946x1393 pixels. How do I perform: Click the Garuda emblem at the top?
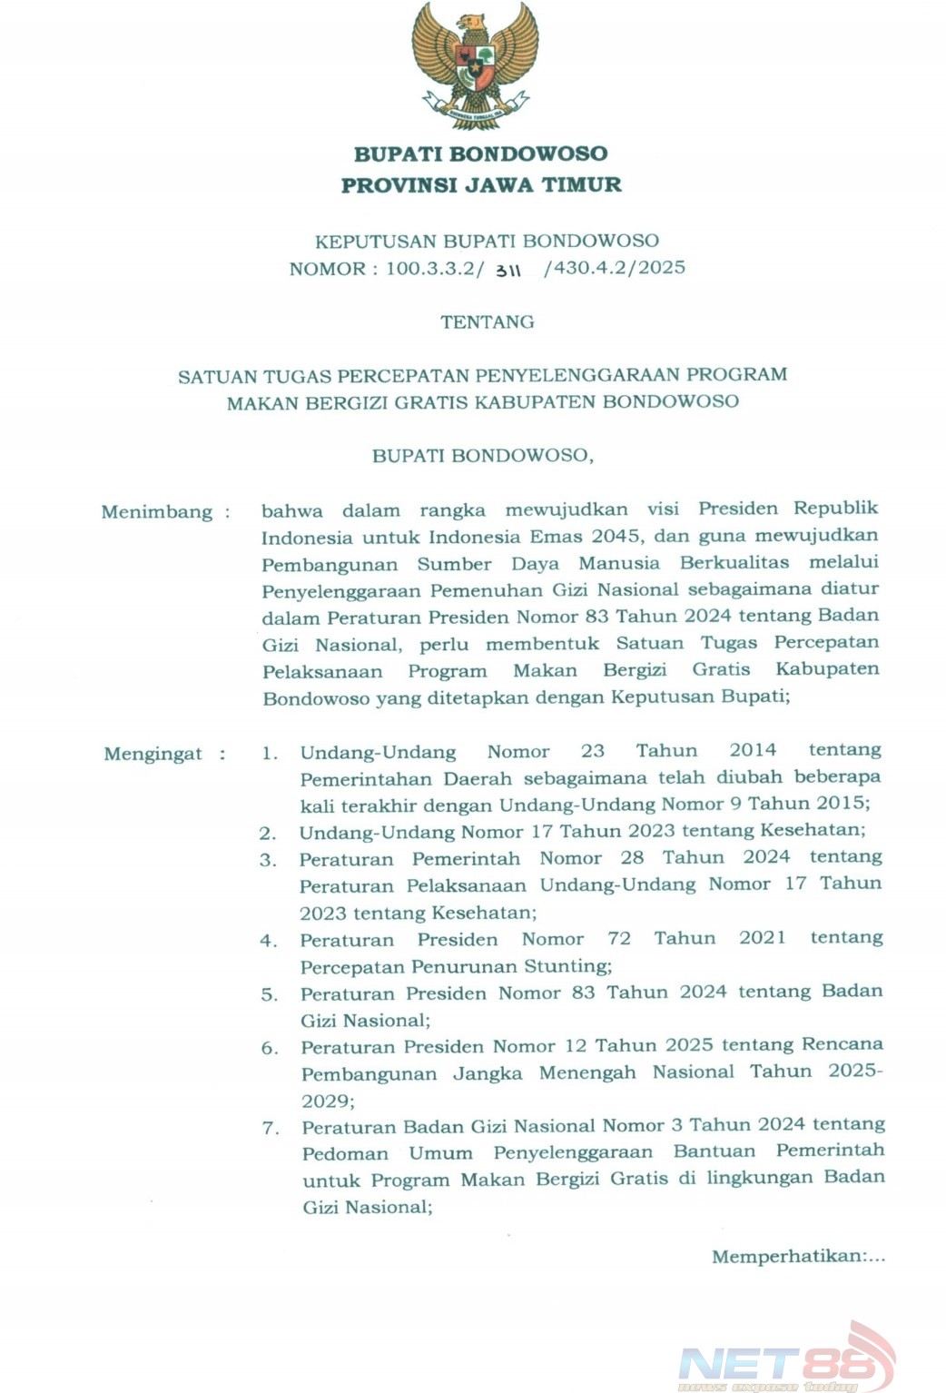coord(475,65)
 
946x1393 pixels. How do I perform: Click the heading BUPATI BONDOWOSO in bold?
coord(480,153)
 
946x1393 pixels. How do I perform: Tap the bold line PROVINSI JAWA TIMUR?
coord(481,185)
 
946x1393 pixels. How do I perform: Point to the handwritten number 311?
coord(508,271)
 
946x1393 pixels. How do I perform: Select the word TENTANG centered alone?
coord(488,321)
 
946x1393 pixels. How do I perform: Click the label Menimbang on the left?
coord(157,512)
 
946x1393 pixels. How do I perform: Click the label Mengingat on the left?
coord(153,754)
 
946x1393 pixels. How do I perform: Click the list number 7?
coord(271,1128)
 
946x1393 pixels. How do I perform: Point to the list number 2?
coord(268,833)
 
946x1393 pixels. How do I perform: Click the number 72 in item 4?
coord(619,938)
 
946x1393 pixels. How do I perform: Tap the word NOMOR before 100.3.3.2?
coord(327,269)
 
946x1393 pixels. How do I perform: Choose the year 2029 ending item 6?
coord(326,1101)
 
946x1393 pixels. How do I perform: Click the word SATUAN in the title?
coord(217,376)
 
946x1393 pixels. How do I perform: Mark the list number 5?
coord(270,994)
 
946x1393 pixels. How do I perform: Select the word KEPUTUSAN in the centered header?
coord(375,242)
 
